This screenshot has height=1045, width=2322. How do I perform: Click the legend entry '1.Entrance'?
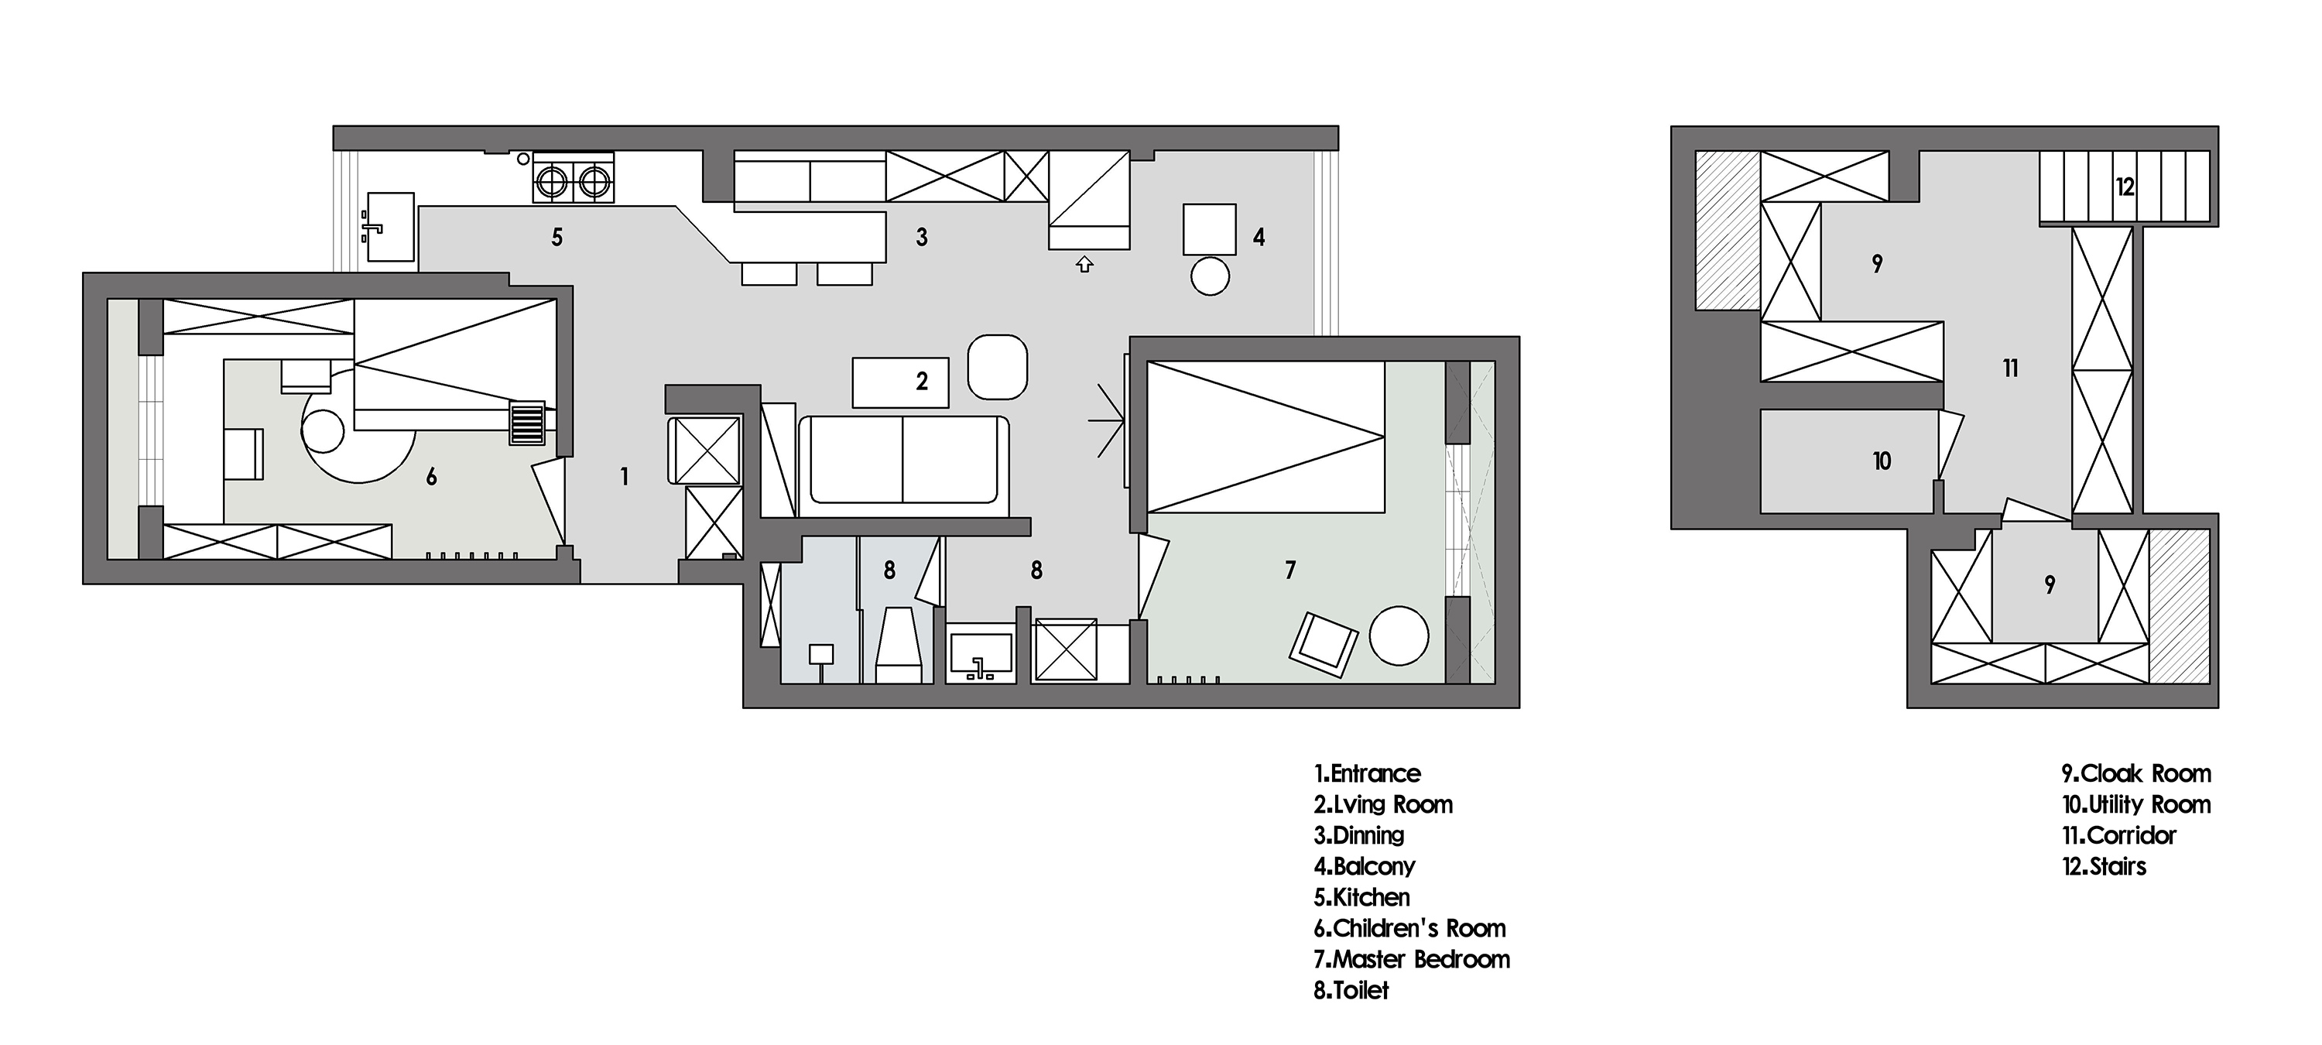[1367, 773]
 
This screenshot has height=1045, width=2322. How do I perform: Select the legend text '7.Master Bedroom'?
[1412, 959]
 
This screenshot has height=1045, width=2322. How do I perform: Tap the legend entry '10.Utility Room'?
[2136, 804]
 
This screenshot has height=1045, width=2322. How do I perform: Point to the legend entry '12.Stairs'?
[2104, 866]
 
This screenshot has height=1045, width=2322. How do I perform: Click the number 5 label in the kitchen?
[557, 237]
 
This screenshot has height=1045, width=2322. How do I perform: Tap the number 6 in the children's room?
[432, 477]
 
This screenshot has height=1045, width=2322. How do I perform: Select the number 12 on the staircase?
[2125, 187]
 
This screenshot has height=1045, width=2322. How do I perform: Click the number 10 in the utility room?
[1882, 461]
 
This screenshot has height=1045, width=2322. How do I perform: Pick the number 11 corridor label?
[2010, 368]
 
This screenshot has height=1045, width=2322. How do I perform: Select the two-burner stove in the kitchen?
[574, 176]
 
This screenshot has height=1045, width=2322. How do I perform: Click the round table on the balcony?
[1210, 276]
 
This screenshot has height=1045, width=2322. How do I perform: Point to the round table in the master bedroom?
[1399, 635]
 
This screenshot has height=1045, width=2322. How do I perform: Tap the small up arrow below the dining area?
[1084, 264]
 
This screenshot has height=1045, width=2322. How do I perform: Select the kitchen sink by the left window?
[390, 228]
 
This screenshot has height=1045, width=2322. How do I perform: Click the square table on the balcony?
[1210, 229]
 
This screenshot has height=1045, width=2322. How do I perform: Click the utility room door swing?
[1948, 444]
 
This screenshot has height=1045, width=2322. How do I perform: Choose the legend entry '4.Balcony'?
[1365, 866]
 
